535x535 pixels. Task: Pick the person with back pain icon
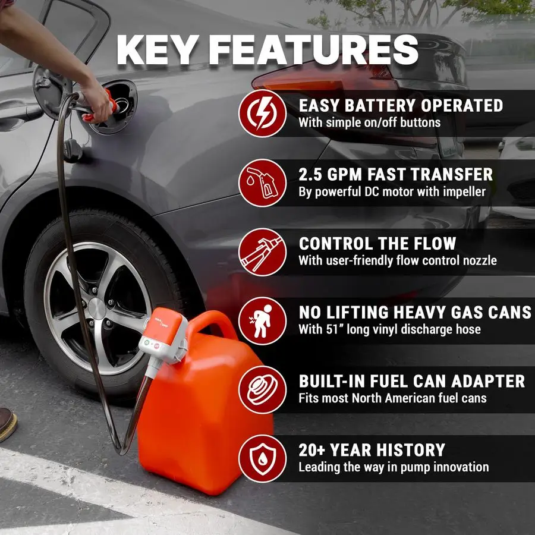262,320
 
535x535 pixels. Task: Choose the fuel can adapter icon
262,389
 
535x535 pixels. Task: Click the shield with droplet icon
262,458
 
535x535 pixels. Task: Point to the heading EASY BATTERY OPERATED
401,106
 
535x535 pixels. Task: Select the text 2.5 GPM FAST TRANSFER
396,175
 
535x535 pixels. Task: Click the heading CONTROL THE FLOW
377,244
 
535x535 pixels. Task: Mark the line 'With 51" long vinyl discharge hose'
389,329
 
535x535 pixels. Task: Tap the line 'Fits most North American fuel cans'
392,398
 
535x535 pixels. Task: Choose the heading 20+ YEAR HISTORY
372,450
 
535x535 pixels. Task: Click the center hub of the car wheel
96,307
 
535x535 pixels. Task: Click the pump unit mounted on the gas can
162,339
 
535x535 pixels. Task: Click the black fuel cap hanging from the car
73,150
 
